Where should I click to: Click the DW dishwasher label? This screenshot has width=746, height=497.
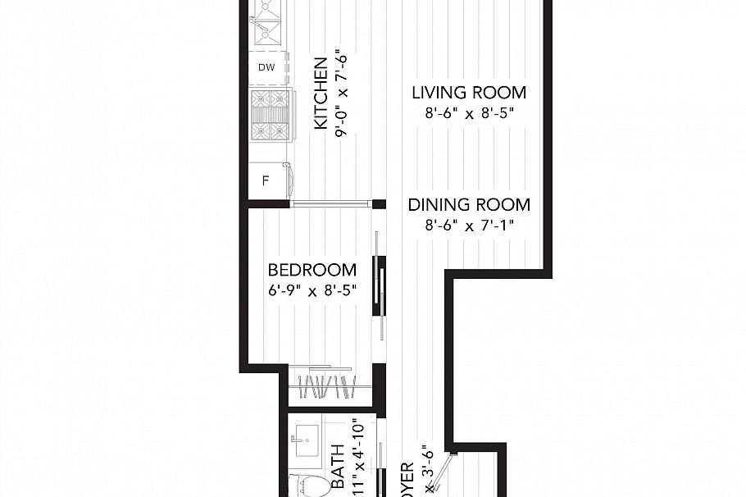266,67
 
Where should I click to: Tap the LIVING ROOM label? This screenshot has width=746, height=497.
469,93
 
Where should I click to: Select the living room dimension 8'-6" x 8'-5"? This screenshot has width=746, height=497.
469,114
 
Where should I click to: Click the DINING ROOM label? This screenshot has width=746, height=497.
469,205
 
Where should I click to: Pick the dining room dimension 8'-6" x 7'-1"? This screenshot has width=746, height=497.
469,226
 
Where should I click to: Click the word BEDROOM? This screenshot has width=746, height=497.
312,270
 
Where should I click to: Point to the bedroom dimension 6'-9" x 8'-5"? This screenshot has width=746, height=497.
312,290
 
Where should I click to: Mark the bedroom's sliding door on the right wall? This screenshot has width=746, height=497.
379,283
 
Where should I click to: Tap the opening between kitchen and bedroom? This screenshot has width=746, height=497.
330,204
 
